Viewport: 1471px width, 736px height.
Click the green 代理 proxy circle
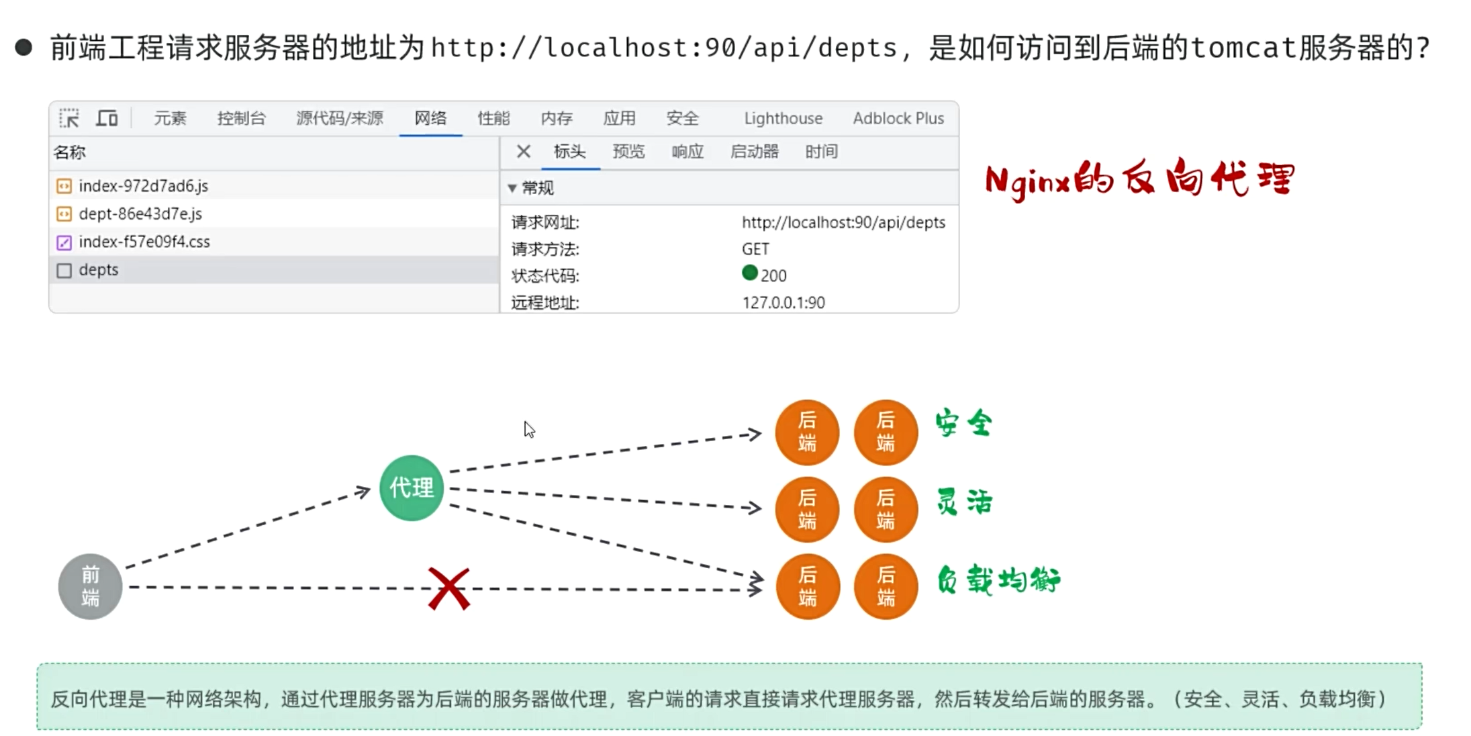click(412, 488)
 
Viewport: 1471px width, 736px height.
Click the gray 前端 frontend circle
click(90, 586)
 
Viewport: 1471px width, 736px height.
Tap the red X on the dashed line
click(449, 589)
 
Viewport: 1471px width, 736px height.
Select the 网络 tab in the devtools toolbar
click(430, 118)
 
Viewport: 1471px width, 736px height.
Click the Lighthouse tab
click(783, 118)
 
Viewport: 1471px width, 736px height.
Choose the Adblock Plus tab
click(898, 118)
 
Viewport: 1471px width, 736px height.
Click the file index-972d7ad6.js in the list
click(143, 186)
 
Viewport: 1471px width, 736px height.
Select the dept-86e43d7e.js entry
click(140, 214)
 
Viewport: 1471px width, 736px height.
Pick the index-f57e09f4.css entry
click(144, 242)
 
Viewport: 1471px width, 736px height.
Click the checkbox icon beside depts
click(64, 271)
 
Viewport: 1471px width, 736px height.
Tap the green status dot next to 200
click(750, 273)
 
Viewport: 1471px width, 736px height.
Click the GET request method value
click(755, 249)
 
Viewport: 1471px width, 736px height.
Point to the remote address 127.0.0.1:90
click(784, 303)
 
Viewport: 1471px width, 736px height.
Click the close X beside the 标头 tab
click(524, 152)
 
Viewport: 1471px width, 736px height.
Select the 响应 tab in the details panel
click(687, 152)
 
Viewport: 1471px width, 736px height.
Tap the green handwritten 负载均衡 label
click(998, 580)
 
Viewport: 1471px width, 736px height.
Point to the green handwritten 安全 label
click(964, 423)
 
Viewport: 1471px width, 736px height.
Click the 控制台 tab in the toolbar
click(242, 118)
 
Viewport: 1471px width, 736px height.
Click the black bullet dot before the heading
click(23, 47)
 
